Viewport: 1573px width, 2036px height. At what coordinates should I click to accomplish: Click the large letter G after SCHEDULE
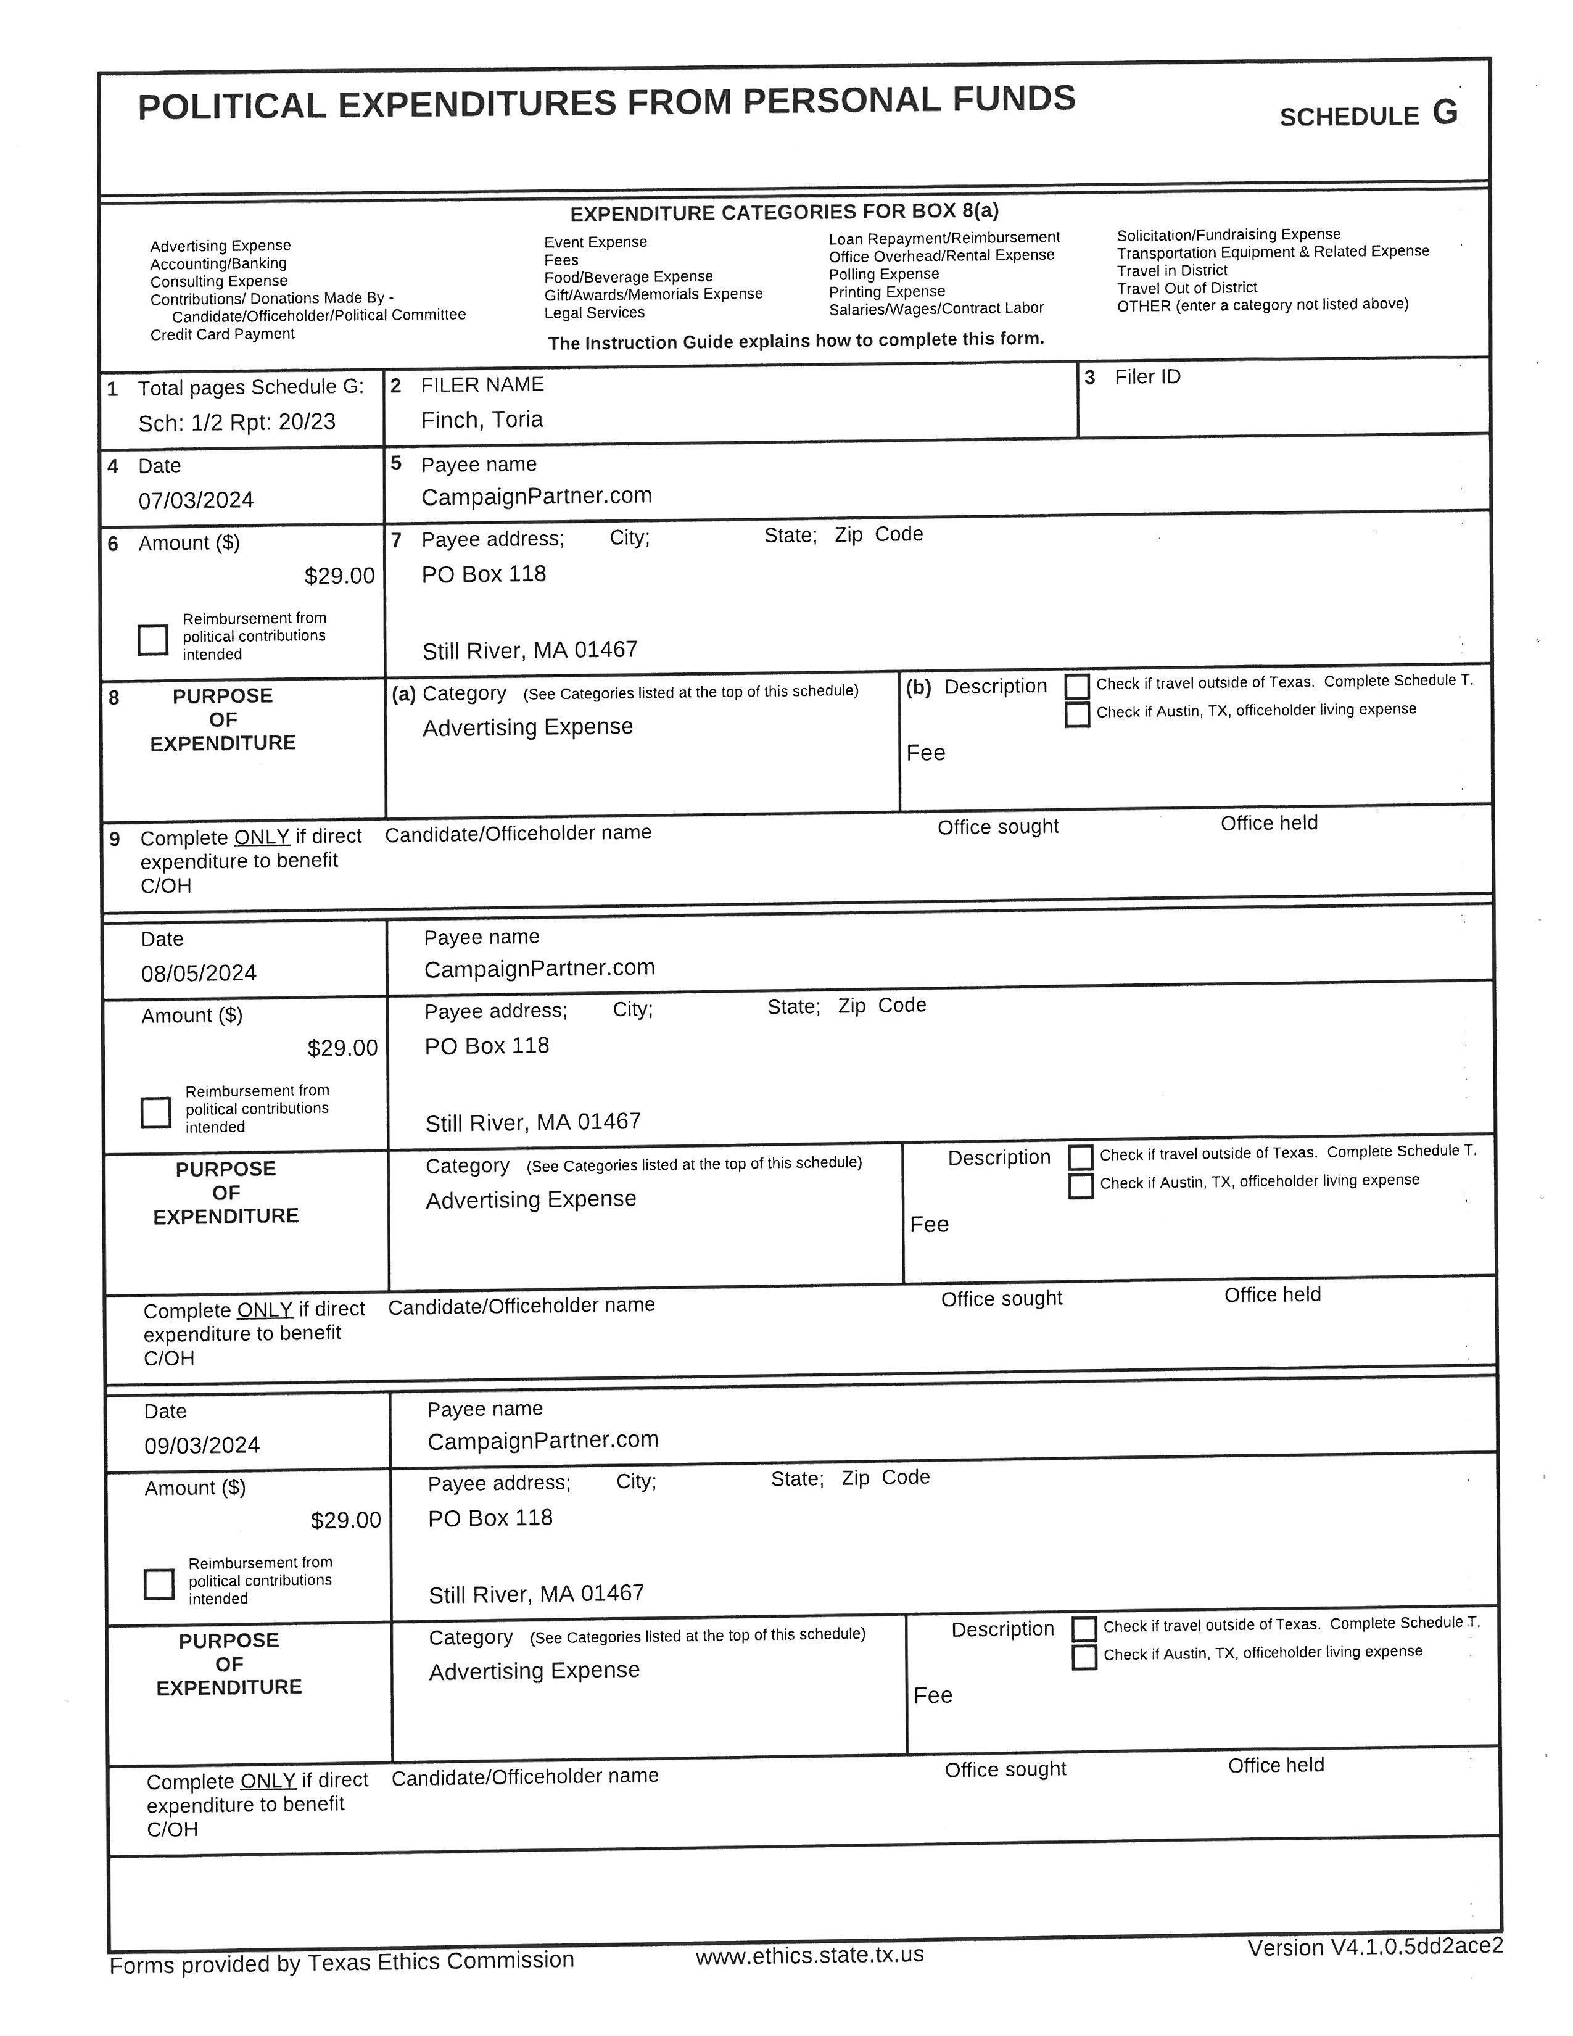(1445, 113)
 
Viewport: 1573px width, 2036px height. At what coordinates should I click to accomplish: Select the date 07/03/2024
(196, 500)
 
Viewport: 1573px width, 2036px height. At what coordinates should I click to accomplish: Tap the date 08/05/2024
(199, 973)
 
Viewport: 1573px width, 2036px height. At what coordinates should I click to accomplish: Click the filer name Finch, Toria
(482, 420)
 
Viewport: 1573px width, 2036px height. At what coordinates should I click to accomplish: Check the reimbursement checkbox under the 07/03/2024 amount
(153, 640)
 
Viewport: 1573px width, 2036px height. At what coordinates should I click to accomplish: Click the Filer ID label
(1147, 376)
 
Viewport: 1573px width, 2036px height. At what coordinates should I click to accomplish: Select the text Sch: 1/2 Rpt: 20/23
(237, 422)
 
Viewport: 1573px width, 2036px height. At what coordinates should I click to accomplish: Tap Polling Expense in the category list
(883, 274)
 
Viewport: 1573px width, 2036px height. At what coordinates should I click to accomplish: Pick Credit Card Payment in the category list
(222, 334)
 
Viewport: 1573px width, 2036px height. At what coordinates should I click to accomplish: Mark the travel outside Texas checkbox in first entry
(1077, 686)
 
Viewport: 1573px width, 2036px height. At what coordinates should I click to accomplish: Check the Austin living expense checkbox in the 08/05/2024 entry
(1081, 1186)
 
